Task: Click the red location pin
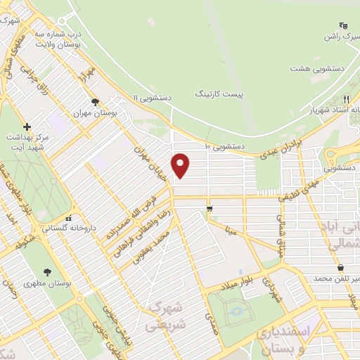click(x=181, y=165)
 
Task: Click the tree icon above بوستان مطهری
click(x=48, y=271)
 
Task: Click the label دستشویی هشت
click(x=318, y=69)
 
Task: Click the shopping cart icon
click(x=210, y=209)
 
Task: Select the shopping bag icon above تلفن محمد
click(x=341, y=268)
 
